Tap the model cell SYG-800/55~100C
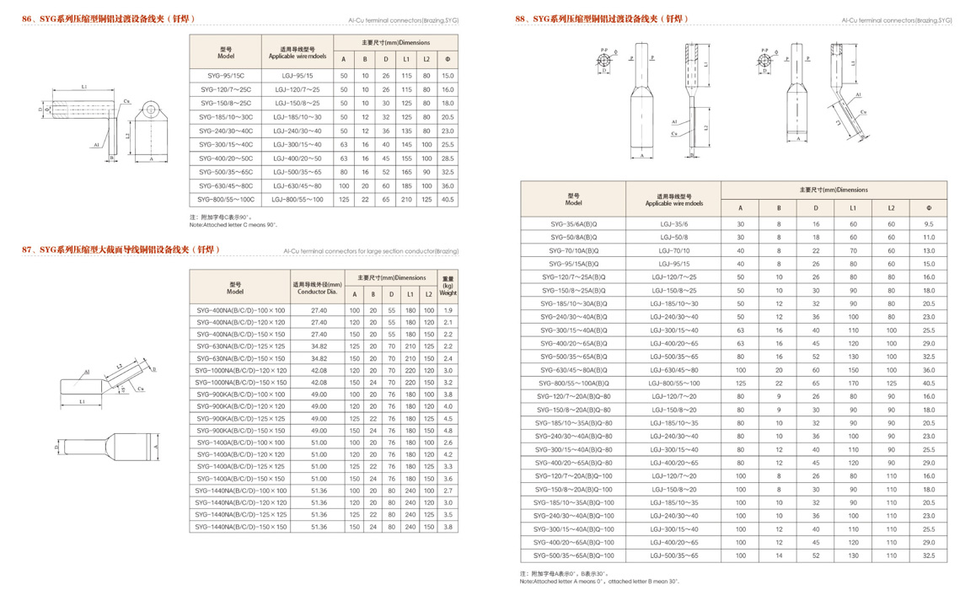click(225, 200)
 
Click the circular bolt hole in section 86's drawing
click(151, 108)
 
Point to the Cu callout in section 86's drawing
click(126, 101)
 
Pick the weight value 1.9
click(448, 310)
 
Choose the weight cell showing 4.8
click(448, 431)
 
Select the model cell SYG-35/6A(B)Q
click(573, 224)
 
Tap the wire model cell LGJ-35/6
click(673, 224)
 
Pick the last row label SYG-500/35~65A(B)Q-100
click(573, 555)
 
